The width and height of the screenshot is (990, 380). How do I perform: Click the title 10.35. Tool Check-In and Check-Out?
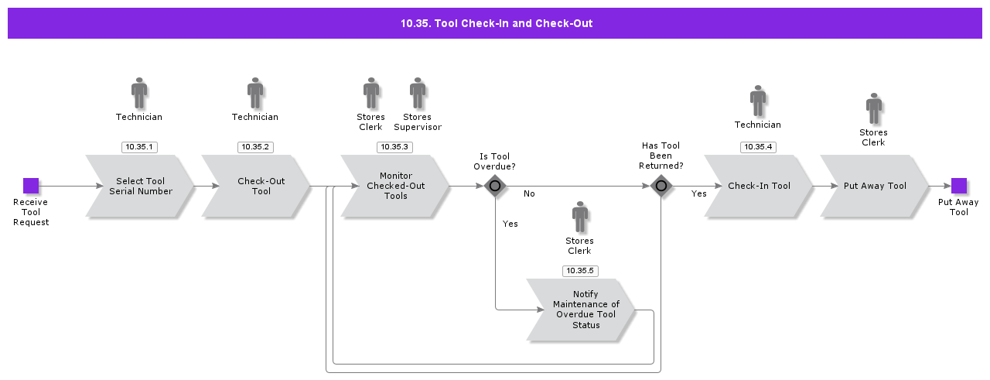[496, 23]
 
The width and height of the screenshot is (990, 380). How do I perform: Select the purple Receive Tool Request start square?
[31, 186]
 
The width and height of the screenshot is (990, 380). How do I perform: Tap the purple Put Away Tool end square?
[958, 186]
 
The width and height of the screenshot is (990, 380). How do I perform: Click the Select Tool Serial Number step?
[140, 187]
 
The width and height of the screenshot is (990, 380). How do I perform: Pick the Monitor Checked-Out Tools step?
[395, 187]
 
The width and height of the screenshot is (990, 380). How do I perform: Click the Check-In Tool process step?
[758, 187]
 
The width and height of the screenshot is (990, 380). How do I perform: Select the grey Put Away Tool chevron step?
[874, 187]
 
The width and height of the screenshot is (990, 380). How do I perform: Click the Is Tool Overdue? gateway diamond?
[495, 186]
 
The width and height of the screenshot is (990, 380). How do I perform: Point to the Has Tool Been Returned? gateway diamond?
[661, 186]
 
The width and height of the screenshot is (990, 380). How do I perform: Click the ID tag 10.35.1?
[139, 147]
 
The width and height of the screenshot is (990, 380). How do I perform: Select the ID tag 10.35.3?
[394, 147]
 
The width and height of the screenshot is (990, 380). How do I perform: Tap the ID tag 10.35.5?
[579, 271]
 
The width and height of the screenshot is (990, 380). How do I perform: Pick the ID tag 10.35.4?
[758, 147]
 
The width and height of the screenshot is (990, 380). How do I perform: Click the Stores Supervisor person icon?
[418, 93]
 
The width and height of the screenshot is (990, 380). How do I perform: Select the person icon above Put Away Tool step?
[874, 108]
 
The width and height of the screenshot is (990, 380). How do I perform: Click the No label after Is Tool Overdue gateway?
[529, 193]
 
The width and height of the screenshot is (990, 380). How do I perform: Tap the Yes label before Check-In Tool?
[698, 194]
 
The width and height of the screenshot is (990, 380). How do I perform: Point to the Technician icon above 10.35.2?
[255, 93]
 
